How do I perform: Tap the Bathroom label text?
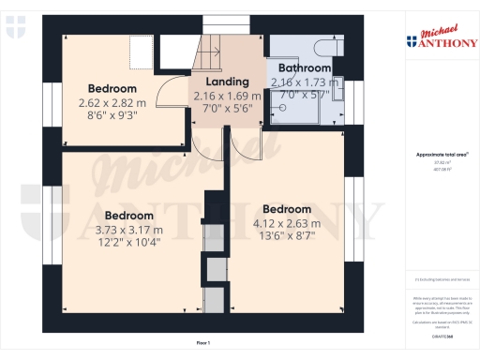pos(300,68)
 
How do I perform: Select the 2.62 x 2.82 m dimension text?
pos(113,103)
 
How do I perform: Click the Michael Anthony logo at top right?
pos(437,37)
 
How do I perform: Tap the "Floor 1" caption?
pos(202,343)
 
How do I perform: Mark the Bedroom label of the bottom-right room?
pos(287,209)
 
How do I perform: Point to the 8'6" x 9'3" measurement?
pos(113,115)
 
